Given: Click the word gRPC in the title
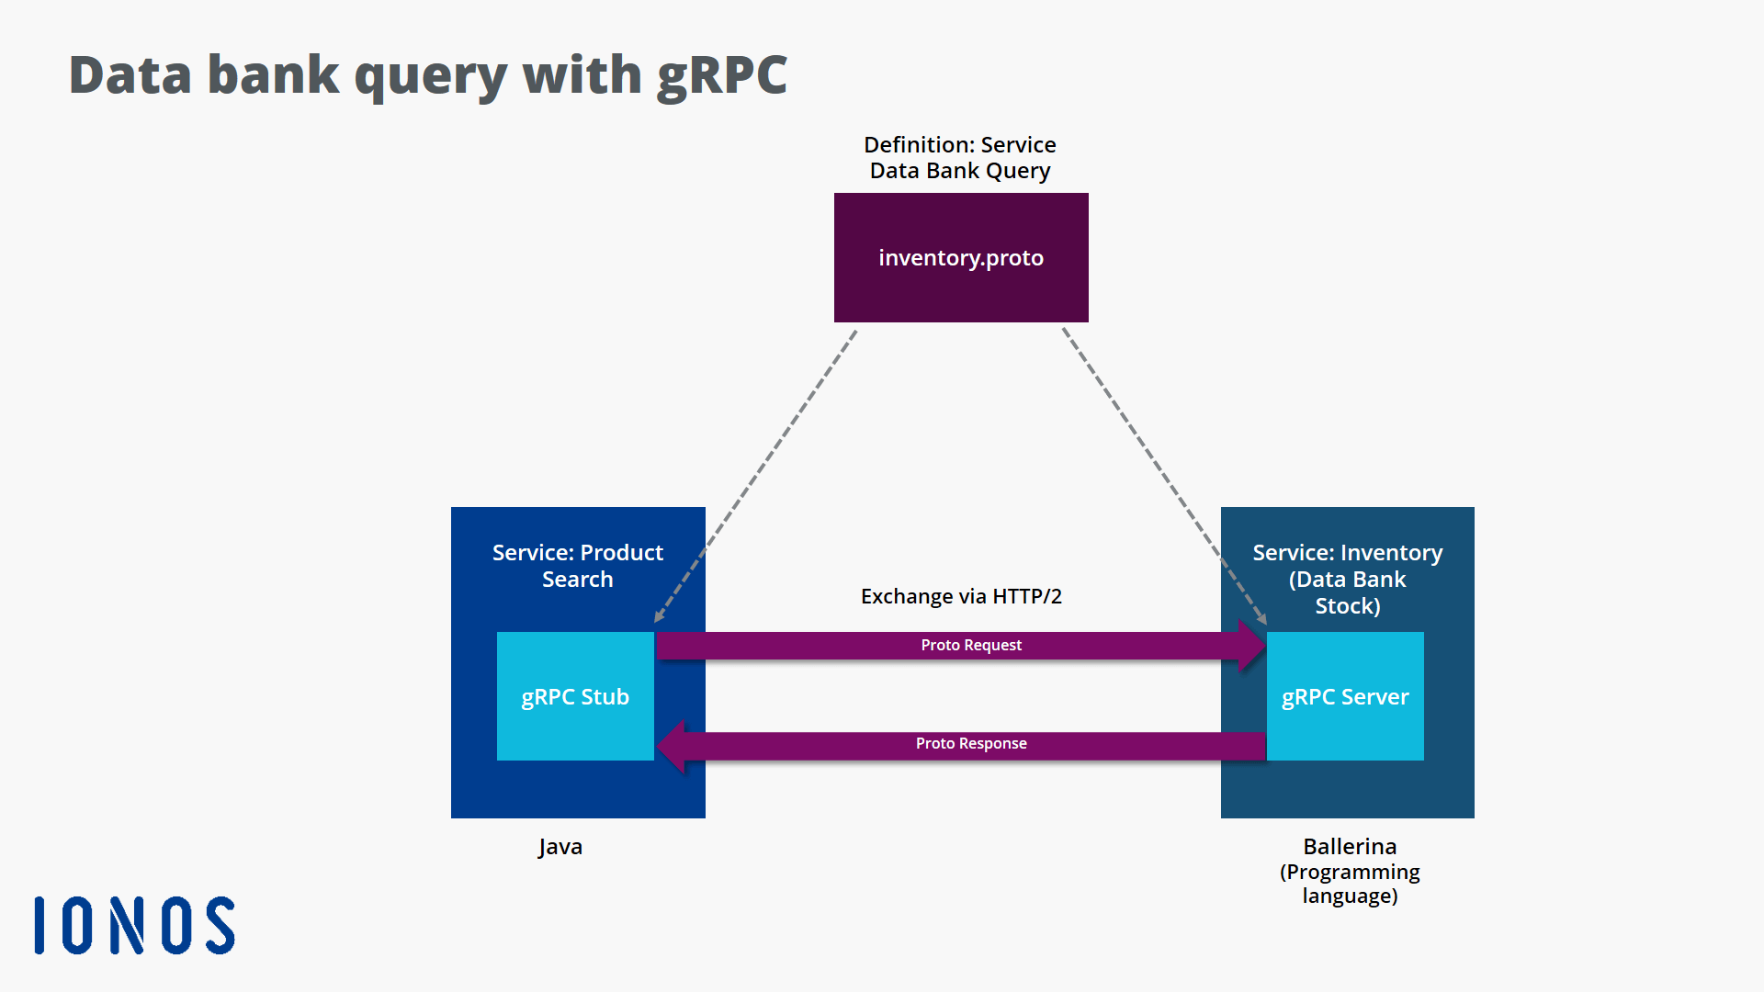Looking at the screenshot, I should tap(722, 75).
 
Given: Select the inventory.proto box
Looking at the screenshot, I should tap(960, 257).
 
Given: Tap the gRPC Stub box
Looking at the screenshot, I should tap(575, 696).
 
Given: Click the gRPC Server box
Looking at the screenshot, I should tap(1345, 696).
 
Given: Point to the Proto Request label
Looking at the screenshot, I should tap(971, 645).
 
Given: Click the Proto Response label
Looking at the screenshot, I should tap(971, 743).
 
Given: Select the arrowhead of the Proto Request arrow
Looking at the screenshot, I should tap(1251, 645).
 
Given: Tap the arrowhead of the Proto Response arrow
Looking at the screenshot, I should tap(672, 745).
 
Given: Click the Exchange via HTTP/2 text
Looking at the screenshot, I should tap(961, 596).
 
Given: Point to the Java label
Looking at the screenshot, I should tap(560, 846).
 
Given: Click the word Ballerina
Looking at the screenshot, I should tap(1349, 846).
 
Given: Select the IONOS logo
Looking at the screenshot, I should tap(135, 925).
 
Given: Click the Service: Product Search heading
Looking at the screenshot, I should tap(577, 565).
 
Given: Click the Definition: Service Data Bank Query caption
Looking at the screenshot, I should tap(960, 157).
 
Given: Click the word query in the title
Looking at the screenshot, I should tap(430, 75).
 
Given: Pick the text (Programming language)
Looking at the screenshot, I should tap(1349, 884).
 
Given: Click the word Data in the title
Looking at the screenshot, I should tap(130, 75).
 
